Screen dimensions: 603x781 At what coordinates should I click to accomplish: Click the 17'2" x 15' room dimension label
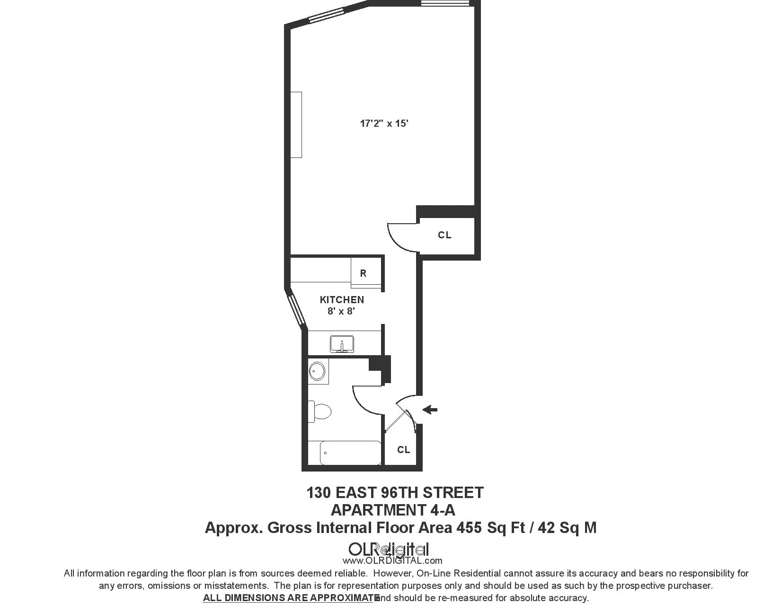tap(384, 124)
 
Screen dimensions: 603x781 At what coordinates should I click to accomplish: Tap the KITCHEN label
tap(342, 300)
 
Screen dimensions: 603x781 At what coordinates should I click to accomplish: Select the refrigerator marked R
tap(363, 273)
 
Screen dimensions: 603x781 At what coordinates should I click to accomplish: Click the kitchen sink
tap(342, 344)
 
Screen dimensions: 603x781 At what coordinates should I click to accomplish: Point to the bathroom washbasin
tap(317, 371)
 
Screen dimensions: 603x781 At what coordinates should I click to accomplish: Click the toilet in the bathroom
tap(320, 411)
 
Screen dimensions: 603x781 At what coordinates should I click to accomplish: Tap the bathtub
tap(350, 453)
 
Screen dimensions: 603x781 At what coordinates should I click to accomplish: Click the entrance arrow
tap(430, 410)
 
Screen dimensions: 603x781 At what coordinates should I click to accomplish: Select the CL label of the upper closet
tap(444, 235)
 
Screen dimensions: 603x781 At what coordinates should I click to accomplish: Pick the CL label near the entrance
tap(403, 450)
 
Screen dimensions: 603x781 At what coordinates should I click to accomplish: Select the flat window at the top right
tap(445, 3)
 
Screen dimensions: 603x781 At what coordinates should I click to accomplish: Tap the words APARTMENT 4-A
tap(393, 510)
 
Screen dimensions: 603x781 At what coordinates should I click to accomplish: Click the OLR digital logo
tap(389, 550)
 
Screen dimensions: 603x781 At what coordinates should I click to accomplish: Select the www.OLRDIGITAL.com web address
tap(392, 561)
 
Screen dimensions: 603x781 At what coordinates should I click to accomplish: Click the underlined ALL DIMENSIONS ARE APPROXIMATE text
tap(291, 598)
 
